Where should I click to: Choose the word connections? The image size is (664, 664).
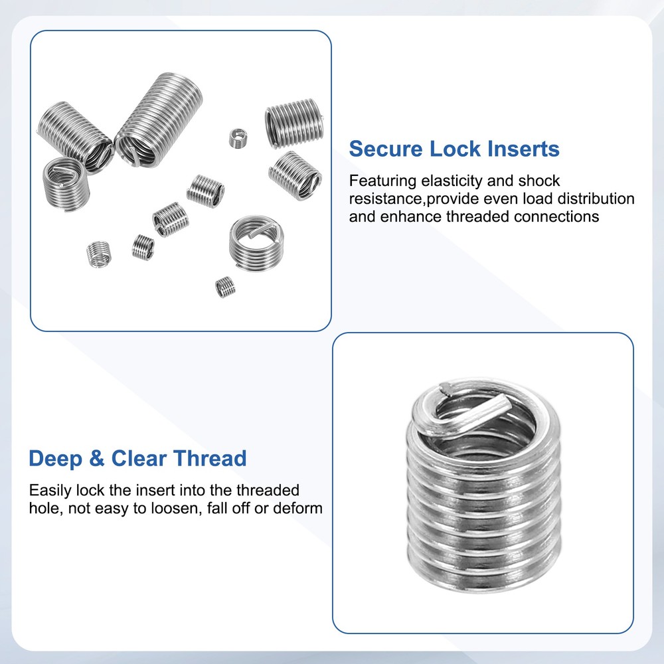point(556,216)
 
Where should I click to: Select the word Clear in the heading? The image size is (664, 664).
point(137,459)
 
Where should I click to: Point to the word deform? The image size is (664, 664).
point(299,509)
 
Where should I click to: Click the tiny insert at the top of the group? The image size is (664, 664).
point(237,138)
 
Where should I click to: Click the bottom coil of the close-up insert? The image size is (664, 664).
point(483,576)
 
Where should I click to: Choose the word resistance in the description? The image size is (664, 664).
point(387,199)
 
